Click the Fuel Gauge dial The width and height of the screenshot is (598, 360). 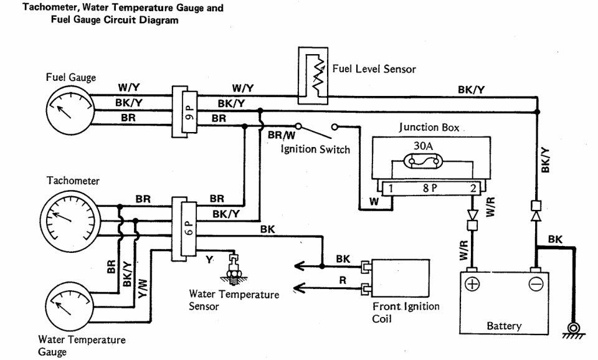coord(70,111)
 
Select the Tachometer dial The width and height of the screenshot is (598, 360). coord(70,220)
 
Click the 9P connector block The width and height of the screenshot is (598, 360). coord(184,111)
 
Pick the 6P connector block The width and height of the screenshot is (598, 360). coord(184,229)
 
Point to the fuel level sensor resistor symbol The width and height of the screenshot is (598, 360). coord(318,74)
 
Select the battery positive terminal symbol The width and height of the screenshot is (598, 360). coord(472,285)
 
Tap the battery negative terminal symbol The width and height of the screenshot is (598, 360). coord(536,285)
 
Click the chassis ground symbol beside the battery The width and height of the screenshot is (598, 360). coord(573,330)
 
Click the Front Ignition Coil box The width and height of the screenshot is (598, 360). coord(401,278)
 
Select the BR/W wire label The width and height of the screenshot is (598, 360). coord(282,135)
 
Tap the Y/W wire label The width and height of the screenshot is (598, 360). coord(141,289)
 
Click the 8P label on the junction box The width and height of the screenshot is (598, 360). coord(430,188)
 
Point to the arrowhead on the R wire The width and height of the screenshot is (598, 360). coord(300,287)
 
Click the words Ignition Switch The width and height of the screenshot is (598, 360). coord(315,149)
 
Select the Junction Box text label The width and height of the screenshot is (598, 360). coord(429,127)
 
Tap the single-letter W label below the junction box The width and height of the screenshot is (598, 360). coord(374,201)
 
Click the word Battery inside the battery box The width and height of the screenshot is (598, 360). coord(504,326)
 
